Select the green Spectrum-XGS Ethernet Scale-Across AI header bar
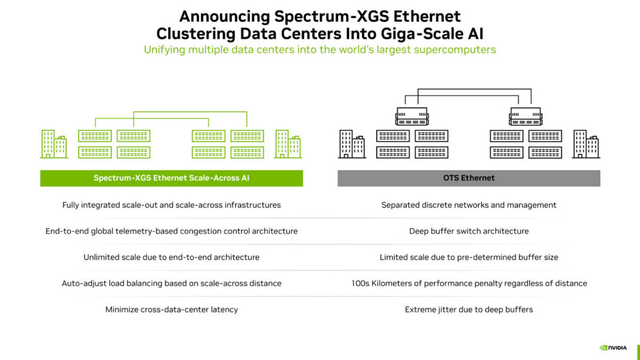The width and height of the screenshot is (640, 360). coord(171,178)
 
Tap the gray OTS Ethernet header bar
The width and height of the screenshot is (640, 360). coord(469,178)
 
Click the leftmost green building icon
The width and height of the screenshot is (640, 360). coord(53,144)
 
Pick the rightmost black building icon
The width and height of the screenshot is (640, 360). coord(585,144)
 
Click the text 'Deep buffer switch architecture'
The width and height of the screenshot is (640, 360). coord(469,231)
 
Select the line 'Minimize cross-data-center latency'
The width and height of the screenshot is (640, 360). coord(171,310)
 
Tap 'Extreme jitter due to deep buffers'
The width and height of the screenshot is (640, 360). coord(469,310)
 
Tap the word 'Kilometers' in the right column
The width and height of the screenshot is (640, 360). coord(400,283)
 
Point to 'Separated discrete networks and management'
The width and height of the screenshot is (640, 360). coord(469,205)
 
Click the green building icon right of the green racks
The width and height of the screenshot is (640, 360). coord(288,144)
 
